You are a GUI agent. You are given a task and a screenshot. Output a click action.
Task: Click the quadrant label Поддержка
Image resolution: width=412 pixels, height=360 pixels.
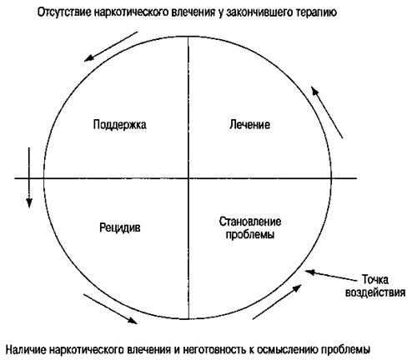(119, 125)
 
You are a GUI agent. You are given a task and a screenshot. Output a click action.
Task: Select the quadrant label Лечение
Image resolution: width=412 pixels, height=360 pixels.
(249, 124)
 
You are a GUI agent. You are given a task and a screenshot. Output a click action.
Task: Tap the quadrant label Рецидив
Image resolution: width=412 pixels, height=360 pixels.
(120, 227)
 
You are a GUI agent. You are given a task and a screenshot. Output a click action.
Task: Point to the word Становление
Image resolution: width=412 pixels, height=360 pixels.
(250, 222)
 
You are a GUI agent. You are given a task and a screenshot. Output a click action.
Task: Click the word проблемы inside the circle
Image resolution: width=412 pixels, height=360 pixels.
(250, 235)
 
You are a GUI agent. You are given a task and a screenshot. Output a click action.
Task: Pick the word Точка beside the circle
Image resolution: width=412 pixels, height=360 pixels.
(374, 279)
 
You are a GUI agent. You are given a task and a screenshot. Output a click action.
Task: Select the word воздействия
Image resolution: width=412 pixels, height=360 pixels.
(375, 292)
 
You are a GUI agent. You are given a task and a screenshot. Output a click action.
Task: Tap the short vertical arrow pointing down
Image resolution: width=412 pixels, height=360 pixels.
(29, 177)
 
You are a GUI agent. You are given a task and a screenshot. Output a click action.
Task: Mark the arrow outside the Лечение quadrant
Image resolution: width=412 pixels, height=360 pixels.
(327, 112)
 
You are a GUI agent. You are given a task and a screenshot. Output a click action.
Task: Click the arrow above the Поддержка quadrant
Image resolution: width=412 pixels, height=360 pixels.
(111, 47)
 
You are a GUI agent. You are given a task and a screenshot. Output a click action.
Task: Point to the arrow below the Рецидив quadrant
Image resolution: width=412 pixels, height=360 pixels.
(110, 308)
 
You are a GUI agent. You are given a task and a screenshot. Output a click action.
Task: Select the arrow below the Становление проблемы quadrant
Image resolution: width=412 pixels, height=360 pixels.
(277, 302)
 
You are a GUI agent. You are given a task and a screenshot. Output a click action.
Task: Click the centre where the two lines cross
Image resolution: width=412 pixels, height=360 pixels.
(188, 178)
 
